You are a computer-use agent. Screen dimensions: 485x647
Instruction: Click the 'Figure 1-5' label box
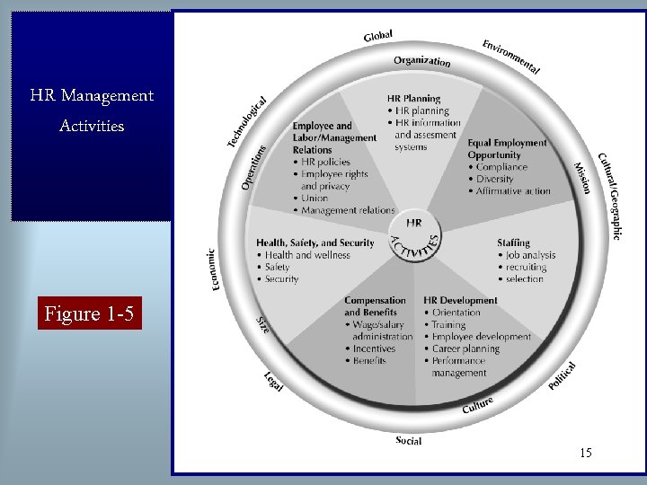coord(90,314)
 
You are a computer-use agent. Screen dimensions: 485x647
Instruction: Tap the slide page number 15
coord(586,453)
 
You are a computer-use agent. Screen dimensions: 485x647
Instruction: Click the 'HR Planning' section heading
coord(413,99)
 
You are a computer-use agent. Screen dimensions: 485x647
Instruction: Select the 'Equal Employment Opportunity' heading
coord(507,149)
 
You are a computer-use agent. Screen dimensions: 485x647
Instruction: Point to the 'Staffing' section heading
coord(513,242)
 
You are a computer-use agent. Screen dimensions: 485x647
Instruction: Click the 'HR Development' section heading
coord(460,300)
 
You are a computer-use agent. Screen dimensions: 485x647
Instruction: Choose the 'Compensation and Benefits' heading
coord(375,306)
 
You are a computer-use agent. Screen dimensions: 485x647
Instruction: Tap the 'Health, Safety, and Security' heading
coord(315,242)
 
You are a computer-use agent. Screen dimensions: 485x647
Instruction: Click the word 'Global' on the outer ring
coord(378,35)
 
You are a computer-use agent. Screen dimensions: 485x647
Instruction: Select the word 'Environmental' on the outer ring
coord(510,57)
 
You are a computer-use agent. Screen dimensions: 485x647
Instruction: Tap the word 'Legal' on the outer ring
coord(274,382)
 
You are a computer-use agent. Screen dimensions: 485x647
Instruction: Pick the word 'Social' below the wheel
coord(408,441)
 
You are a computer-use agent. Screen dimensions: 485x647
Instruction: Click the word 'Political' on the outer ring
coord(562,375)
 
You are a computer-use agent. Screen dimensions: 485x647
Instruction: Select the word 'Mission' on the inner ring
coord(582,177)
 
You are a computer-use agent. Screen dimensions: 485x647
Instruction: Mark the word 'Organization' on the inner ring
coord(421,61)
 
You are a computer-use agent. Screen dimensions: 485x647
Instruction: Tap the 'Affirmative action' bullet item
coord(513,190)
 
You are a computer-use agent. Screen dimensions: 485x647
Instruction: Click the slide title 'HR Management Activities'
coord(92,110)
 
